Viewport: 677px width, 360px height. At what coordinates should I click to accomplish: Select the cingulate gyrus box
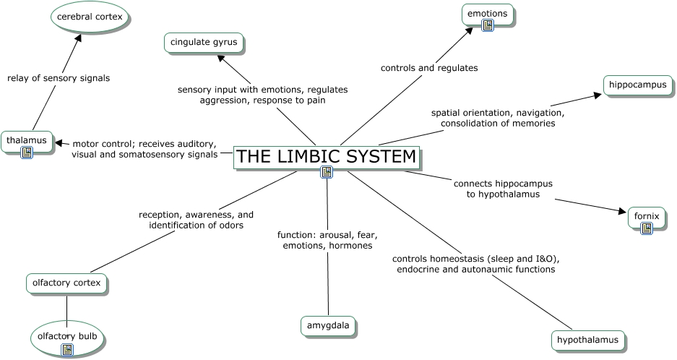coord(204,43)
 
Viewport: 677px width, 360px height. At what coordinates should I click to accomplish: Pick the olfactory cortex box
coord(66,283)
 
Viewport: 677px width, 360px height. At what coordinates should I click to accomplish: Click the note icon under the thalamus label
coord(27,153)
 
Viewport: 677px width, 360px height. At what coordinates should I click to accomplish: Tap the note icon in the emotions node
coord(488,25)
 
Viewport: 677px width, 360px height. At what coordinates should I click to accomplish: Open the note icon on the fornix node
coord(647,228)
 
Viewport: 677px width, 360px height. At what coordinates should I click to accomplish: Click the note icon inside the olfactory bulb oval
coord(67,350)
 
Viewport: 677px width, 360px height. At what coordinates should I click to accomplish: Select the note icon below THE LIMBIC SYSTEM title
coord(327,172)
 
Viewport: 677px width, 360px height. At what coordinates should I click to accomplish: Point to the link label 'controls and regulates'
coord(429,68)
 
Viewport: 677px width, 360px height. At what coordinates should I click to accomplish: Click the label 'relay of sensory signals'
coord(59,78)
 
